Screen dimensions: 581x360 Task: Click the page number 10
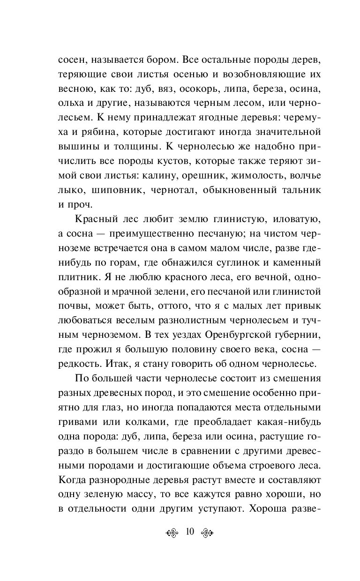190,531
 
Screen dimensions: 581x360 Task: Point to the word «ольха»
69,103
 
